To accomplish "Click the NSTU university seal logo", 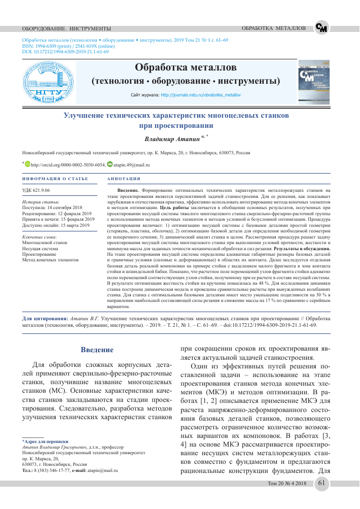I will click(x=47, y=82).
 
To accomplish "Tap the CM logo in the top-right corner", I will click(x=321, y=28).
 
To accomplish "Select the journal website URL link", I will click(x=201, y=95).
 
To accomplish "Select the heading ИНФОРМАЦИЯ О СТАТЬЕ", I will click(x=55, y=179).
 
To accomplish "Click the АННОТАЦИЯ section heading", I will click(x=124, y=179).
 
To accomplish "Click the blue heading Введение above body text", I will click(x=97, y=349).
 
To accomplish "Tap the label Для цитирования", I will click(x=46, y=318).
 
